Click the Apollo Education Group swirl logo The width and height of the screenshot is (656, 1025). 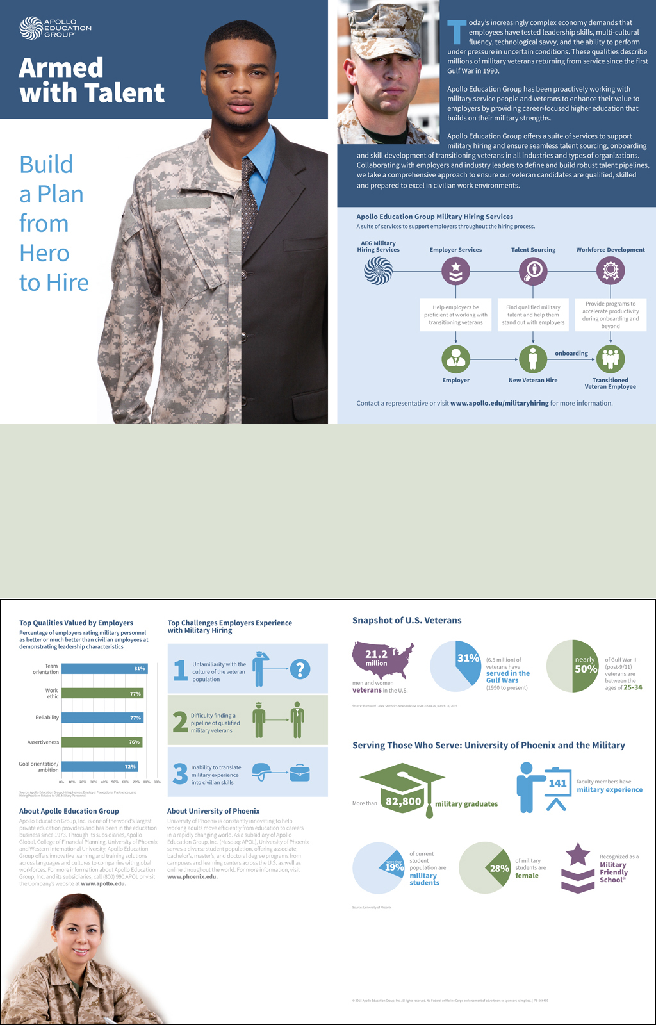(x=31, y=28)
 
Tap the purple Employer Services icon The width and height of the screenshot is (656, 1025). (x=455, y=271)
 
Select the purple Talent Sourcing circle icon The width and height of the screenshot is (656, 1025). (x=533, y=271)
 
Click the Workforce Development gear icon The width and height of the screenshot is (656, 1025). (x=611, y=271)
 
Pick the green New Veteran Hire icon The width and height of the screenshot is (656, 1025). (x=533, y=359)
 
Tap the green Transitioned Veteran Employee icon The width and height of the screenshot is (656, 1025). (x=611, y=359)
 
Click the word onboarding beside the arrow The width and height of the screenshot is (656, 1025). (x=571, y=353)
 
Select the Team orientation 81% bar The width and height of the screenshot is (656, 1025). (x=104, y=669)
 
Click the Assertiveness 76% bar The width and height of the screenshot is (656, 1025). (x=102, y=742)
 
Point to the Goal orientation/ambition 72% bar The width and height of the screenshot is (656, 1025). (x=99, y=766)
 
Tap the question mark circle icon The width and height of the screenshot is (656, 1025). (x=300, y=669)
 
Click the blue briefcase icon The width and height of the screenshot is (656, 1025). (x=299, y=773)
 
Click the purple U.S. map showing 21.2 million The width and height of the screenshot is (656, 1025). (x=382, y=660)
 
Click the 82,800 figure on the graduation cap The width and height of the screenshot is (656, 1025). (x=404, y=801)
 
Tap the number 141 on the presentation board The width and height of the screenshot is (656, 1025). (x=557, y=783)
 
